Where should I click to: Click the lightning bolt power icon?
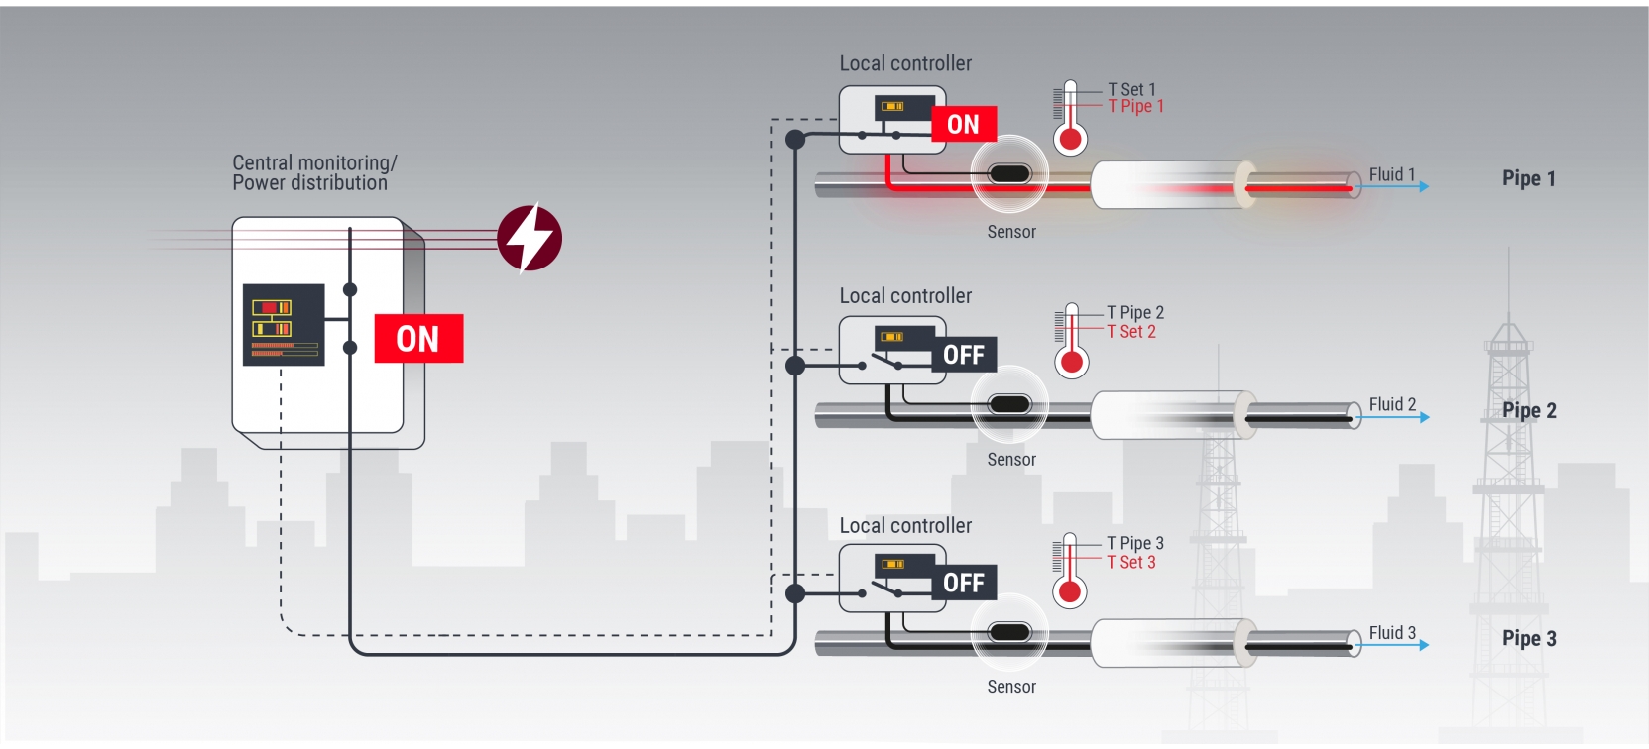tap(530, 238)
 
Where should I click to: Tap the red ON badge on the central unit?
tap(418, 339)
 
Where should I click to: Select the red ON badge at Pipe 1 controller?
tap(964, 124)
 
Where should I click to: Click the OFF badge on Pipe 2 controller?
tap(964, 355)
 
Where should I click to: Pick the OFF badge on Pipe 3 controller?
tap(964, 583)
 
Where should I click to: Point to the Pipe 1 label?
tap(1529, 178)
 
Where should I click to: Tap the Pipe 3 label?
tap(1529, 639)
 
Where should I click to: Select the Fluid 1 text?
tap(1392, 174)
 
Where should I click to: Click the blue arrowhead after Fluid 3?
tap(1425, 645)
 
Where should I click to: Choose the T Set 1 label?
tap(1131, 89)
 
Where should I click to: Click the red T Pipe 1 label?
tap(1136, 106)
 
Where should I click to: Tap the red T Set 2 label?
tap(1131, 332)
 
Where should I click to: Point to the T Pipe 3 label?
tap(1135, 543)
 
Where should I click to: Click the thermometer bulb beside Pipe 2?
tap(1072, 362)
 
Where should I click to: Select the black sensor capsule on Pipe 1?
tap(1009, 174)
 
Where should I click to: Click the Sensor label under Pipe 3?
tap(1011, 687)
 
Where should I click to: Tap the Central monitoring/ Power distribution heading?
tap(314, 173)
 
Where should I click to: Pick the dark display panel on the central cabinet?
tap(284, 325)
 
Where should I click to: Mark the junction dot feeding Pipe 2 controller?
tap(795, 366)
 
